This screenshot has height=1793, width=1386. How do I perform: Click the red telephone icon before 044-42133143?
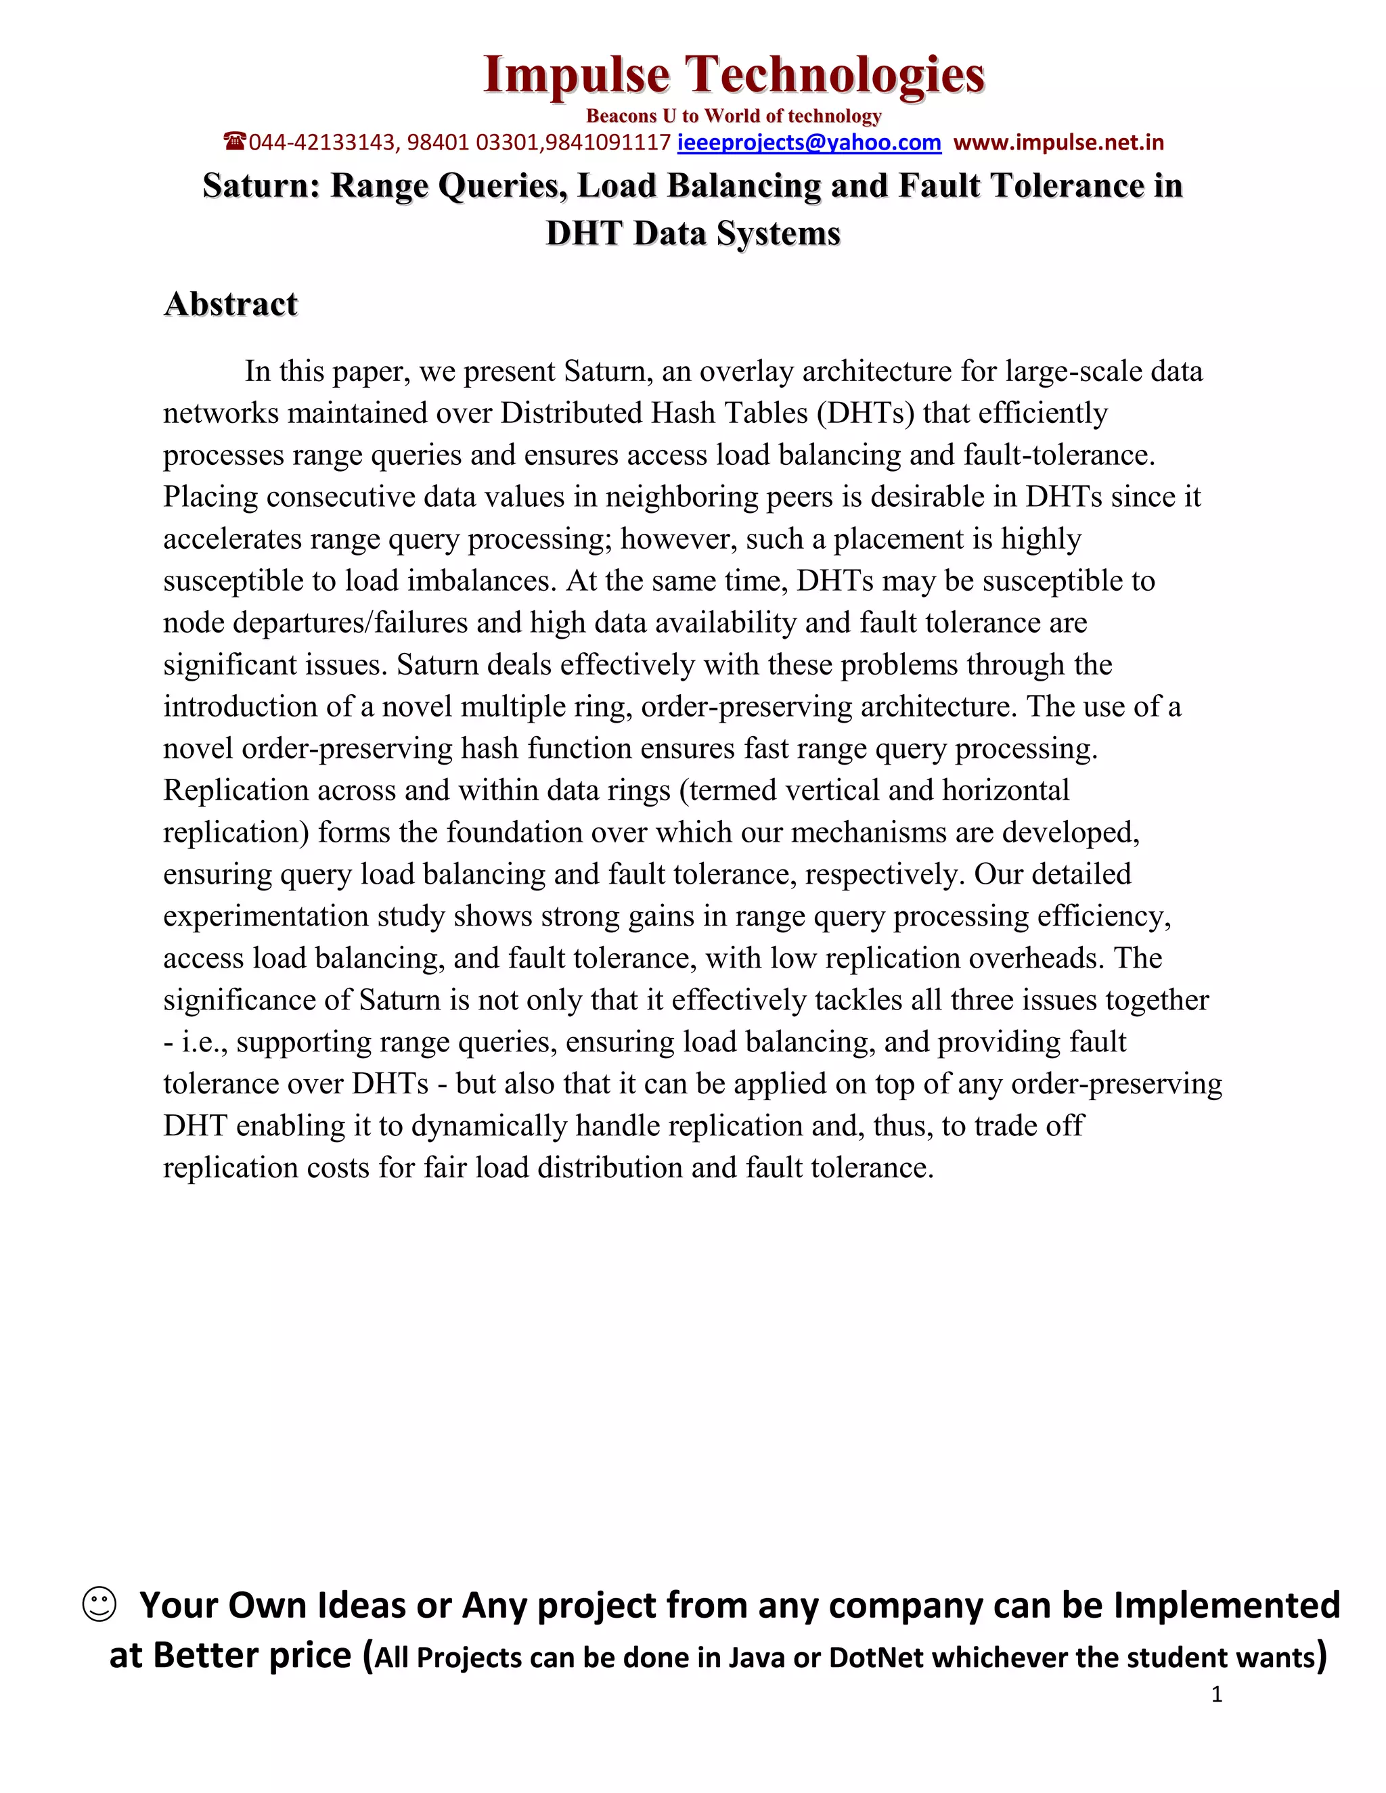click(x=235, y=142)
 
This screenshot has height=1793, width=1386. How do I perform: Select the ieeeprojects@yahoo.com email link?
click(x=809, y=143)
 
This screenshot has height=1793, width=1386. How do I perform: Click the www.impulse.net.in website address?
click(x=1058, y=143)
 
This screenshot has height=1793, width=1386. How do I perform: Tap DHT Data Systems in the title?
click(x=693, y=233)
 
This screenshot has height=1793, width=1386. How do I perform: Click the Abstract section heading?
click(x=231, y=304)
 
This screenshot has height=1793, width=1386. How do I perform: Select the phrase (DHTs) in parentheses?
click(x=866, y=413)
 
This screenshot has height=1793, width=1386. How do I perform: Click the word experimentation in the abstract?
click(x=266, y=916)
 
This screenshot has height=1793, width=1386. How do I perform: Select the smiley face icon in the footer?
click(x=99, y=1604)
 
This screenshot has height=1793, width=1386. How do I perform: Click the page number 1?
click(x=1217, y=1694)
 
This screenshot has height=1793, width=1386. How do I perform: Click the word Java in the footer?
click(x=757, y=1658)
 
